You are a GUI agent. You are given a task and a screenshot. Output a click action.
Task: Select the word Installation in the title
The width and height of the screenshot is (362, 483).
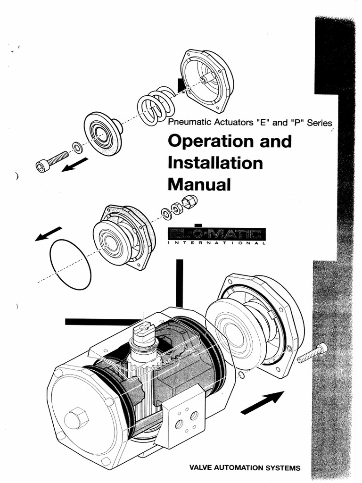click(x=215, y=163)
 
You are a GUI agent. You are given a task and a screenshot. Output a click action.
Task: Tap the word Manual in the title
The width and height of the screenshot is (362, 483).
click(x=199, y=184)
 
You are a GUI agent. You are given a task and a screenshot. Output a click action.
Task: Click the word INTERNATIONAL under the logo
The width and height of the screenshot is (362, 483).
click(x=217, y=244)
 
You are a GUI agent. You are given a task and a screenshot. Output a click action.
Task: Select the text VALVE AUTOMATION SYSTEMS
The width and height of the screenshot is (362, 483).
click(x=244, y=468)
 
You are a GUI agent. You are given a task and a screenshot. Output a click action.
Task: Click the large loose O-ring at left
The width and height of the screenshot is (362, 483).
click(x=70, y=264)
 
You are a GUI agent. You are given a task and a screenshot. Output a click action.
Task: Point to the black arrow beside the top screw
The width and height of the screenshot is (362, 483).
click(x=75, y=165)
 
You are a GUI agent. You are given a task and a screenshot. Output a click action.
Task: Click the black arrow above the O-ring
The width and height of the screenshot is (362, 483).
click(x=48, y=233)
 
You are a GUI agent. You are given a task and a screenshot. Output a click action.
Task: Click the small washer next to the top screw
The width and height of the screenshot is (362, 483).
click(x=78, y=148)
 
